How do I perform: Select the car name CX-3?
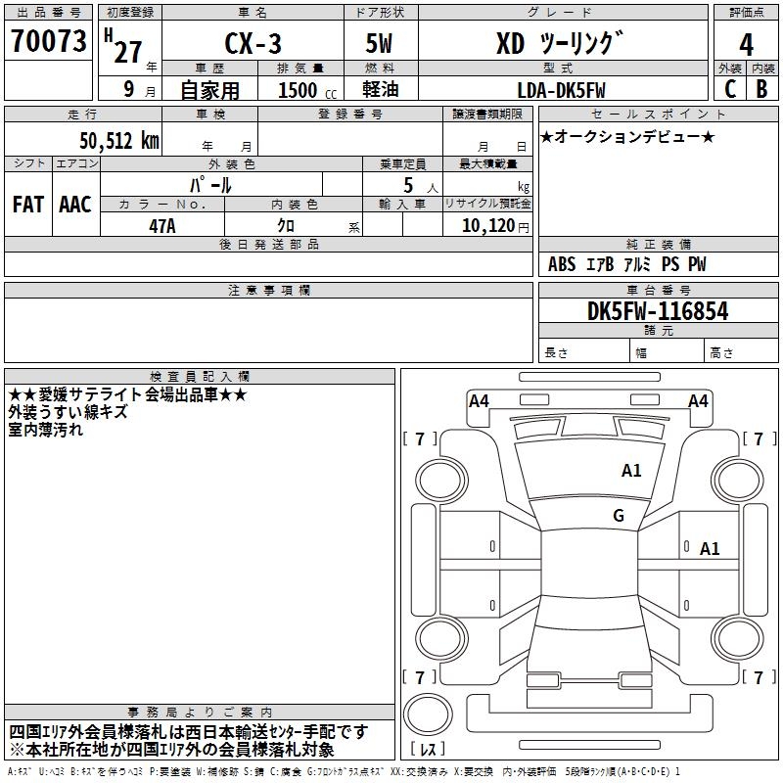(x=251, y=43)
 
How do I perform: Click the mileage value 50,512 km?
(x=113, y=140)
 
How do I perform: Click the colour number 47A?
(x=162, y=225)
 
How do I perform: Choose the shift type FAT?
(x=28, y=205)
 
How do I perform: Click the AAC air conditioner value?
(x=75, y=205)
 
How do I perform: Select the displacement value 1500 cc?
(x=304, y=90)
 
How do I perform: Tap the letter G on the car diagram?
(x=619, y=516)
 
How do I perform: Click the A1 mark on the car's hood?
(x=631, y=471)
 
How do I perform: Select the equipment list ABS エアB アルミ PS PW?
(x=626, y=264)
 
